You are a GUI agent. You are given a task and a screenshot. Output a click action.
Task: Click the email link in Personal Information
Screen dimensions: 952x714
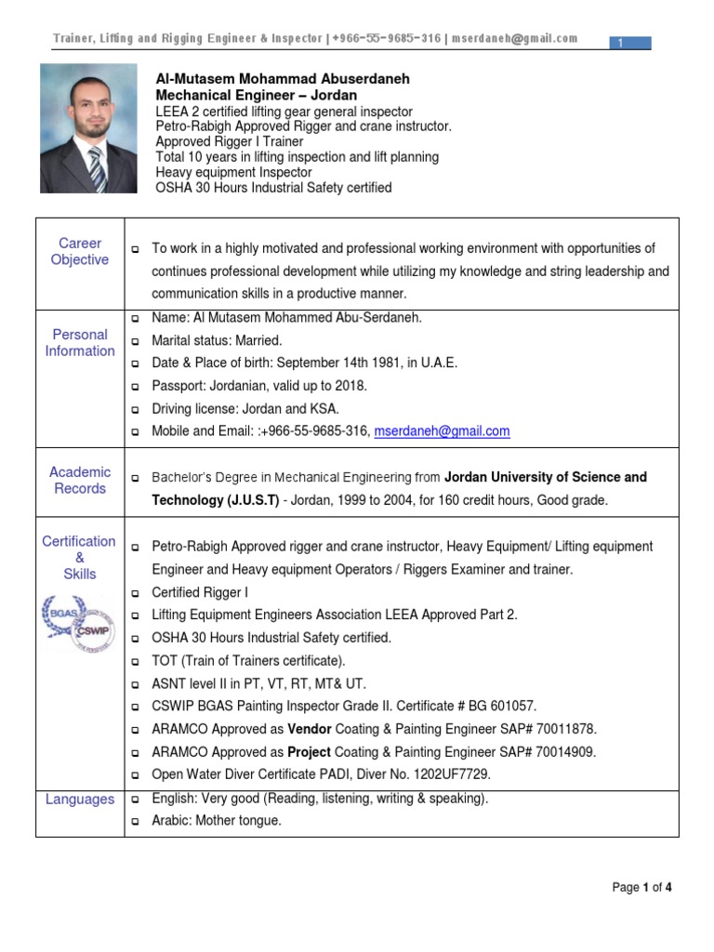click(x=442, y=431)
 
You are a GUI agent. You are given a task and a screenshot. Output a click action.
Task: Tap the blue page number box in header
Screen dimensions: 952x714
click(x=631, y=43)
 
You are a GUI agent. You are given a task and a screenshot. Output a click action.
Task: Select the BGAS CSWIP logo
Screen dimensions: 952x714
click(x=79, y=624)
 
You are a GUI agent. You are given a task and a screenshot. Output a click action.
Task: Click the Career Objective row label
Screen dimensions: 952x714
click(x=80, y=252)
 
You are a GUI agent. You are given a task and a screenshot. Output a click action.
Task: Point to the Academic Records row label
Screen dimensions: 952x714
click(x=80, y=481)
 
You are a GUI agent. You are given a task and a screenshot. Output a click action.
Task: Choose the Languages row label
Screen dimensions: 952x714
click(x=80, y=800)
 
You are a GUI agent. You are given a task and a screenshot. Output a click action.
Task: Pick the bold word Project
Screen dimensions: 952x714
click(x=310, y=752)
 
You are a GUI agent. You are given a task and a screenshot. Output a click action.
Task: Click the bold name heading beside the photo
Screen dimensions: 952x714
click(x=283, y=80)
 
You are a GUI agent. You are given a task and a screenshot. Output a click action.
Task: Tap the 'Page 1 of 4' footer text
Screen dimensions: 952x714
click(x=641, y=888)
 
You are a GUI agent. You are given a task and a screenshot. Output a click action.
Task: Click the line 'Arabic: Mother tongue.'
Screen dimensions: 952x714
click(x=217, y=821)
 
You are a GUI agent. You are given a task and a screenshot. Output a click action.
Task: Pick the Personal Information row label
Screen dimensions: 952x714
click(x=80, y=343)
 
